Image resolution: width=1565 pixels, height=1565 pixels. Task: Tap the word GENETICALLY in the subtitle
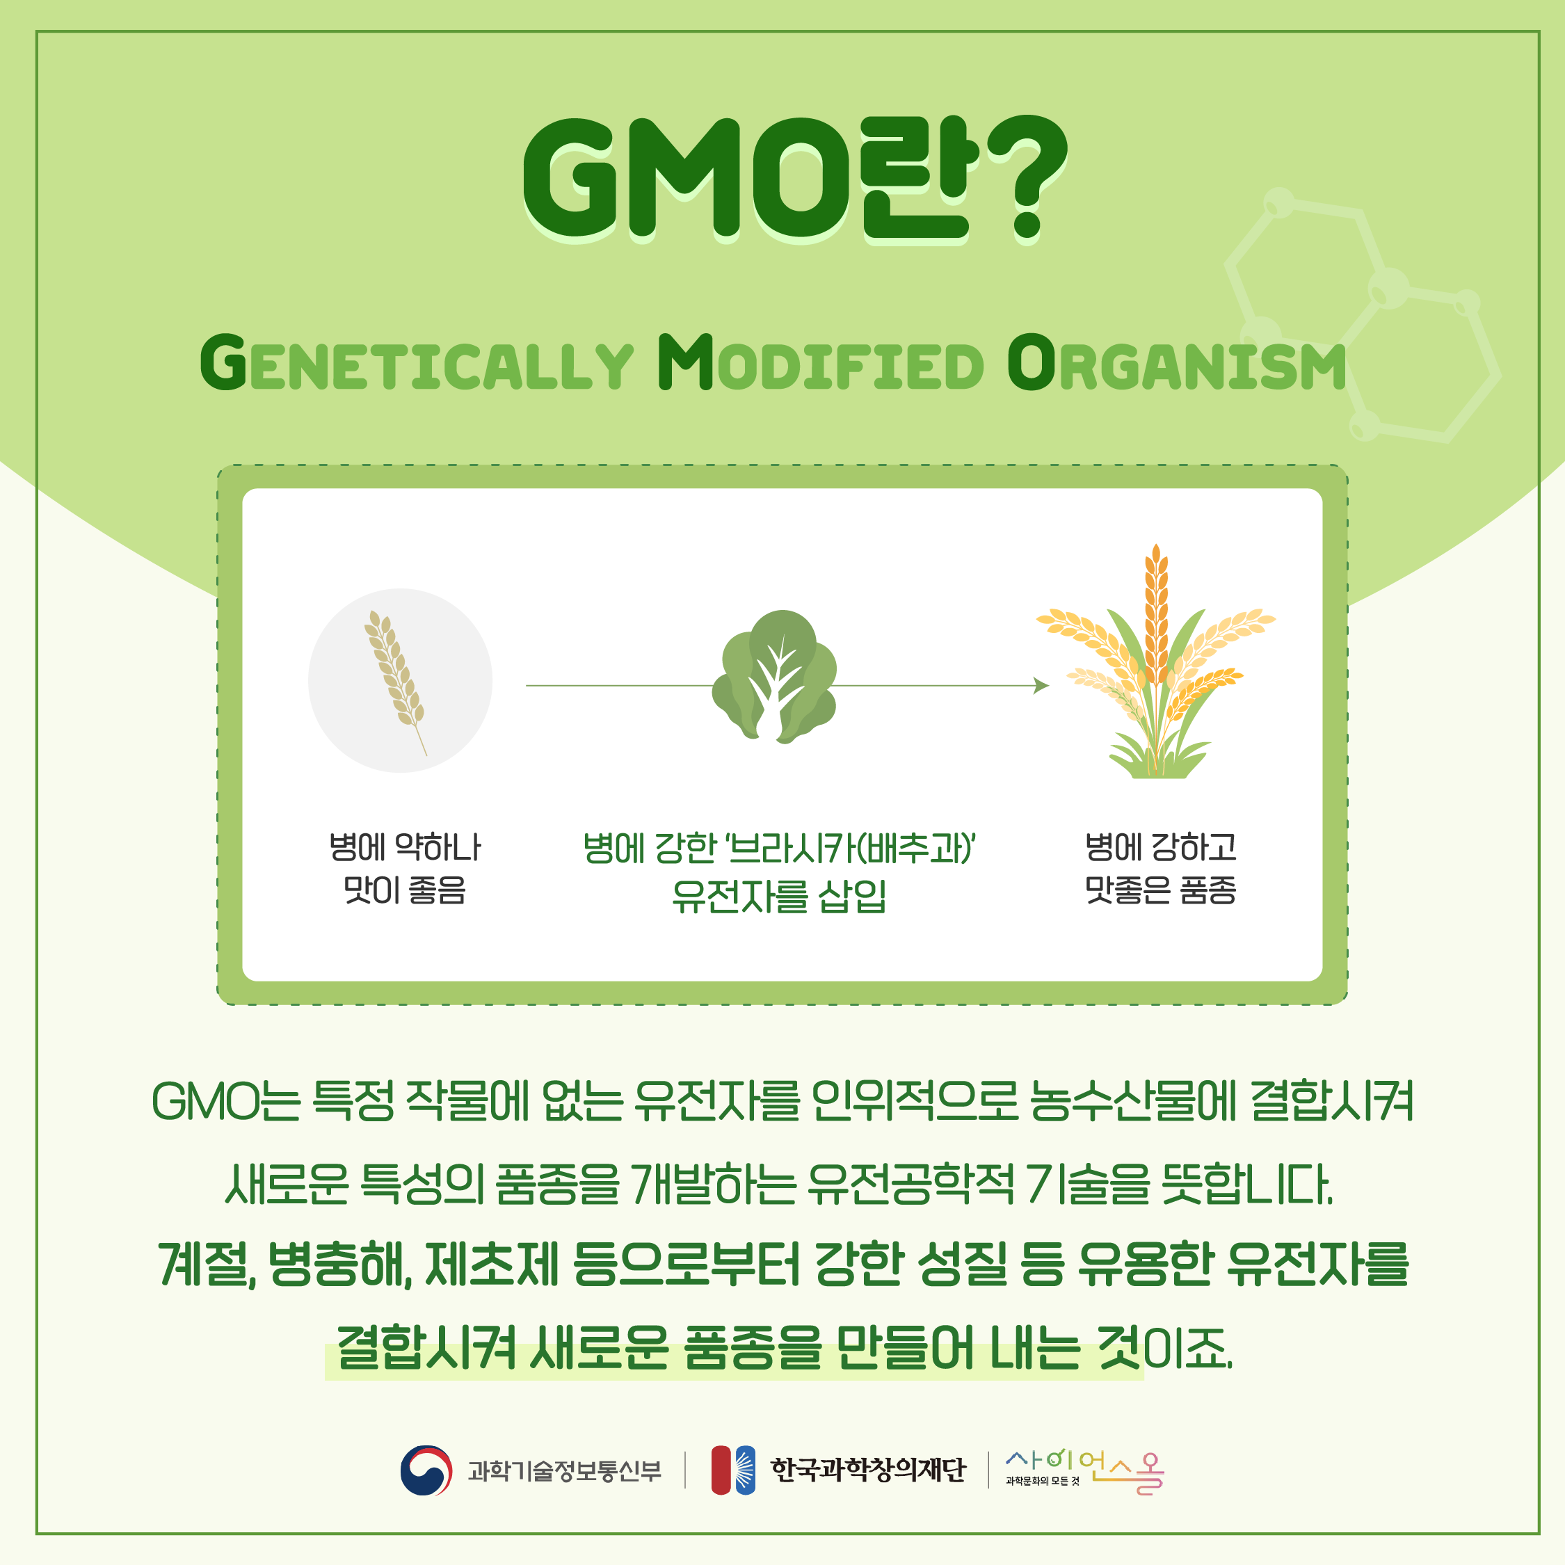pos(417,363)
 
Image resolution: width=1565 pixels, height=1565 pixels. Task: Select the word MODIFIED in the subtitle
pos(821,363)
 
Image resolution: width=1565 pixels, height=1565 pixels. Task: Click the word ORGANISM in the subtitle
pos(1177,363)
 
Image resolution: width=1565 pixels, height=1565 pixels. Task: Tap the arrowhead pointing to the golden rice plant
pos(1042,686)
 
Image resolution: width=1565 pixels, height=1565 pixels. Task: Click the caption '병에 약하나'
pos(404,847)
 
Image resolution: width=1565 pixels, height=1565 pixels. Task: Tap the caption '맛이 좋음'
pos(405,890)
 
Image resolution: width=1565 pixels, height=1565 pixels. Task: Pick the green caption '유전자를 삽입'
pos(779,896)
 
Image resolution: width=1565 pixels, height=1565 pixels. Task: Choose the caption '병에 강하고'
pos(1161,847)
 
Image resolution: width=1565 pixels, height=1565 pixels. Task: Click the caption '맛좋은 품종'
pos(1161,890)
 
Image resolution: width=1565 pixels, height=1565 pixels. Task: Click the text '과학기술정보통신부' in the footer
pos(565,1470)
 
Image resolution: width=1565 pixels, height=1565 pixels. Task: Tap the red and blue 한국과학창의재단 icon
pos(733,1470)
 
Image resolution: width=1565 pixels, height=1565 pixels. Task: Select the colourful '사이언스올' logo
pos(1084,1470)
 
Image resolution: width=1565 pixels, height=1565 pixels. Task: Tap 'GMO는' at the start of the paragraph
pos(226,1102)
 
